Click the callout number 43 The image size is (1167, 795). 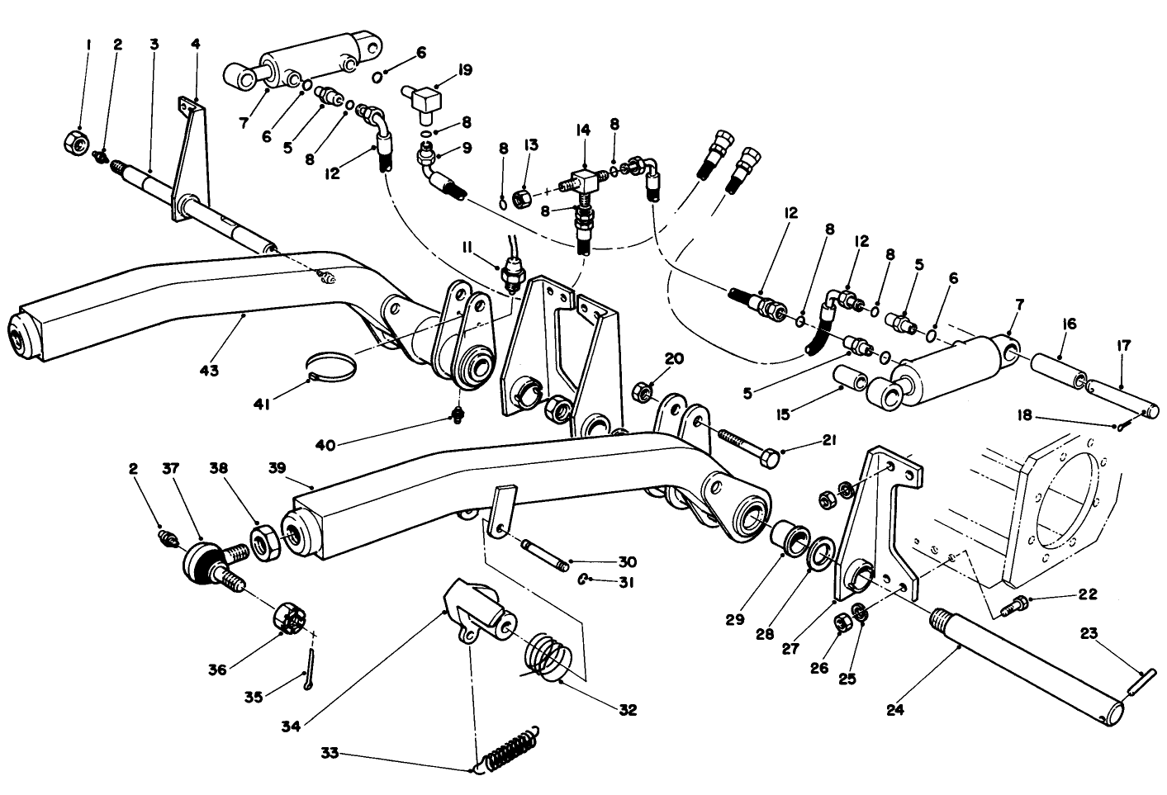click(209, 371)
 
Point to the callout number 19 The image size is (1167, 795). click(464, 70)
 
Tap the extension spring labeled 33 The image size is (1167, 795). click(510, 750)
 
